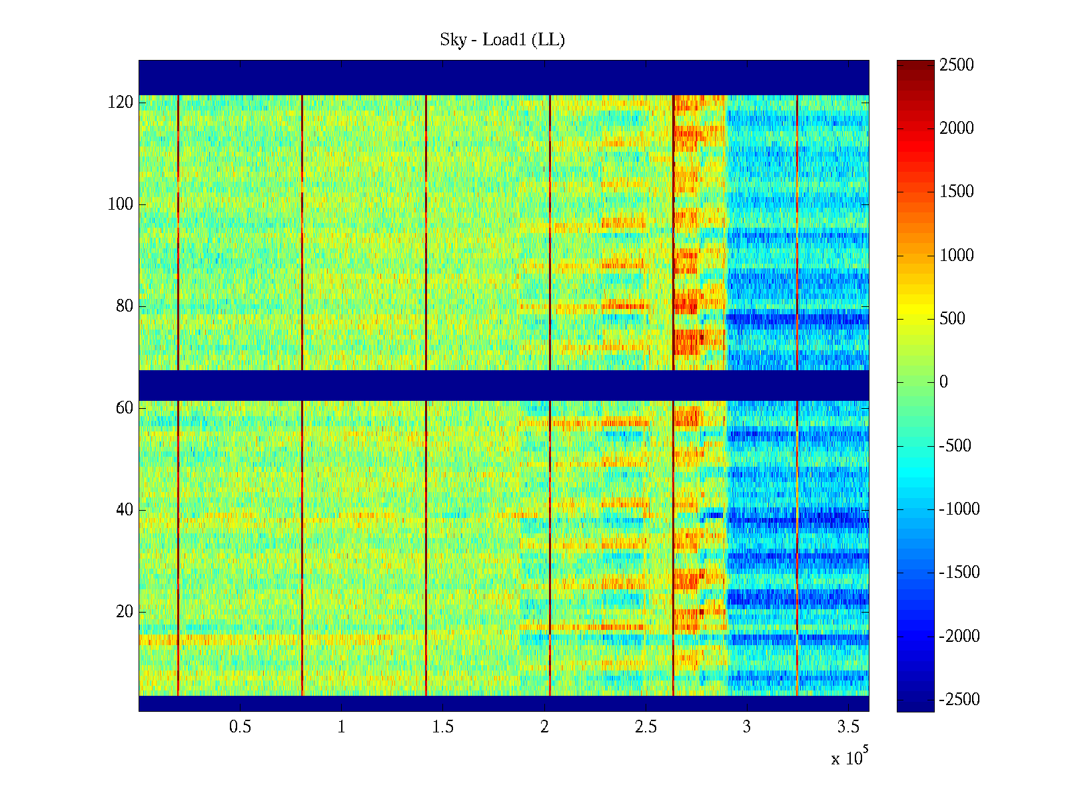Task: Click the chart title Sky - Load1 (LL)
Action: tap(502, 40)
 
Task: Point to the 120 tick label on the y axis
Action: tap(120, 103)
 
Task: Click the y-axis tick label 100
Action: tap(120, 204)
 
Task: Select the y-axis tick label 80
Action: tap(124, 306)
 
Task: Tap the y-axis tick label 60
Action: tap(124, 408)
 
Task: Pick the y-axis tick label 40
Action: tap(124, 510)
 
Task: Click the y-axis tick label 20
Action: tap(124, 612)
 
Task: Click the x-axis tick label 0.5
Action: tap(240, 727)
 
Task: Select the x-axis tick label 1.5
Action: tap(443, 727)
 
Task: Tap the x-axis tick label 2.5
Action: tap(646, 727)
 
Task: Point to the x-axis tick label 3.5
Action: tap(848, 727)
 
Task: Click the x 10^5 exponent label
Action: tap(849, 758)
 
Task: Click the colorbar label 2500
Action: tap(957, 65)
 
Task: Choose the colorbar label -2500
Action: tap(959, 700)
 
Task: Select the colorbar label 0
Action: tap(943, 382)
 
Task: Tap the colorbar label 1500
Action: tap(957, 192)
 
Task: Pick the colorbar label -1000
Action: tap(959, 509)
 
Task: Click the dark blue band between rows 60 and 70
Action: tap(504, 386)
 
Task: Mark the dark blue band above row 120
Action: tap(504, 77)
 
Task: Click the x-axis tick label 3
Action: tap(747, 727)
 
